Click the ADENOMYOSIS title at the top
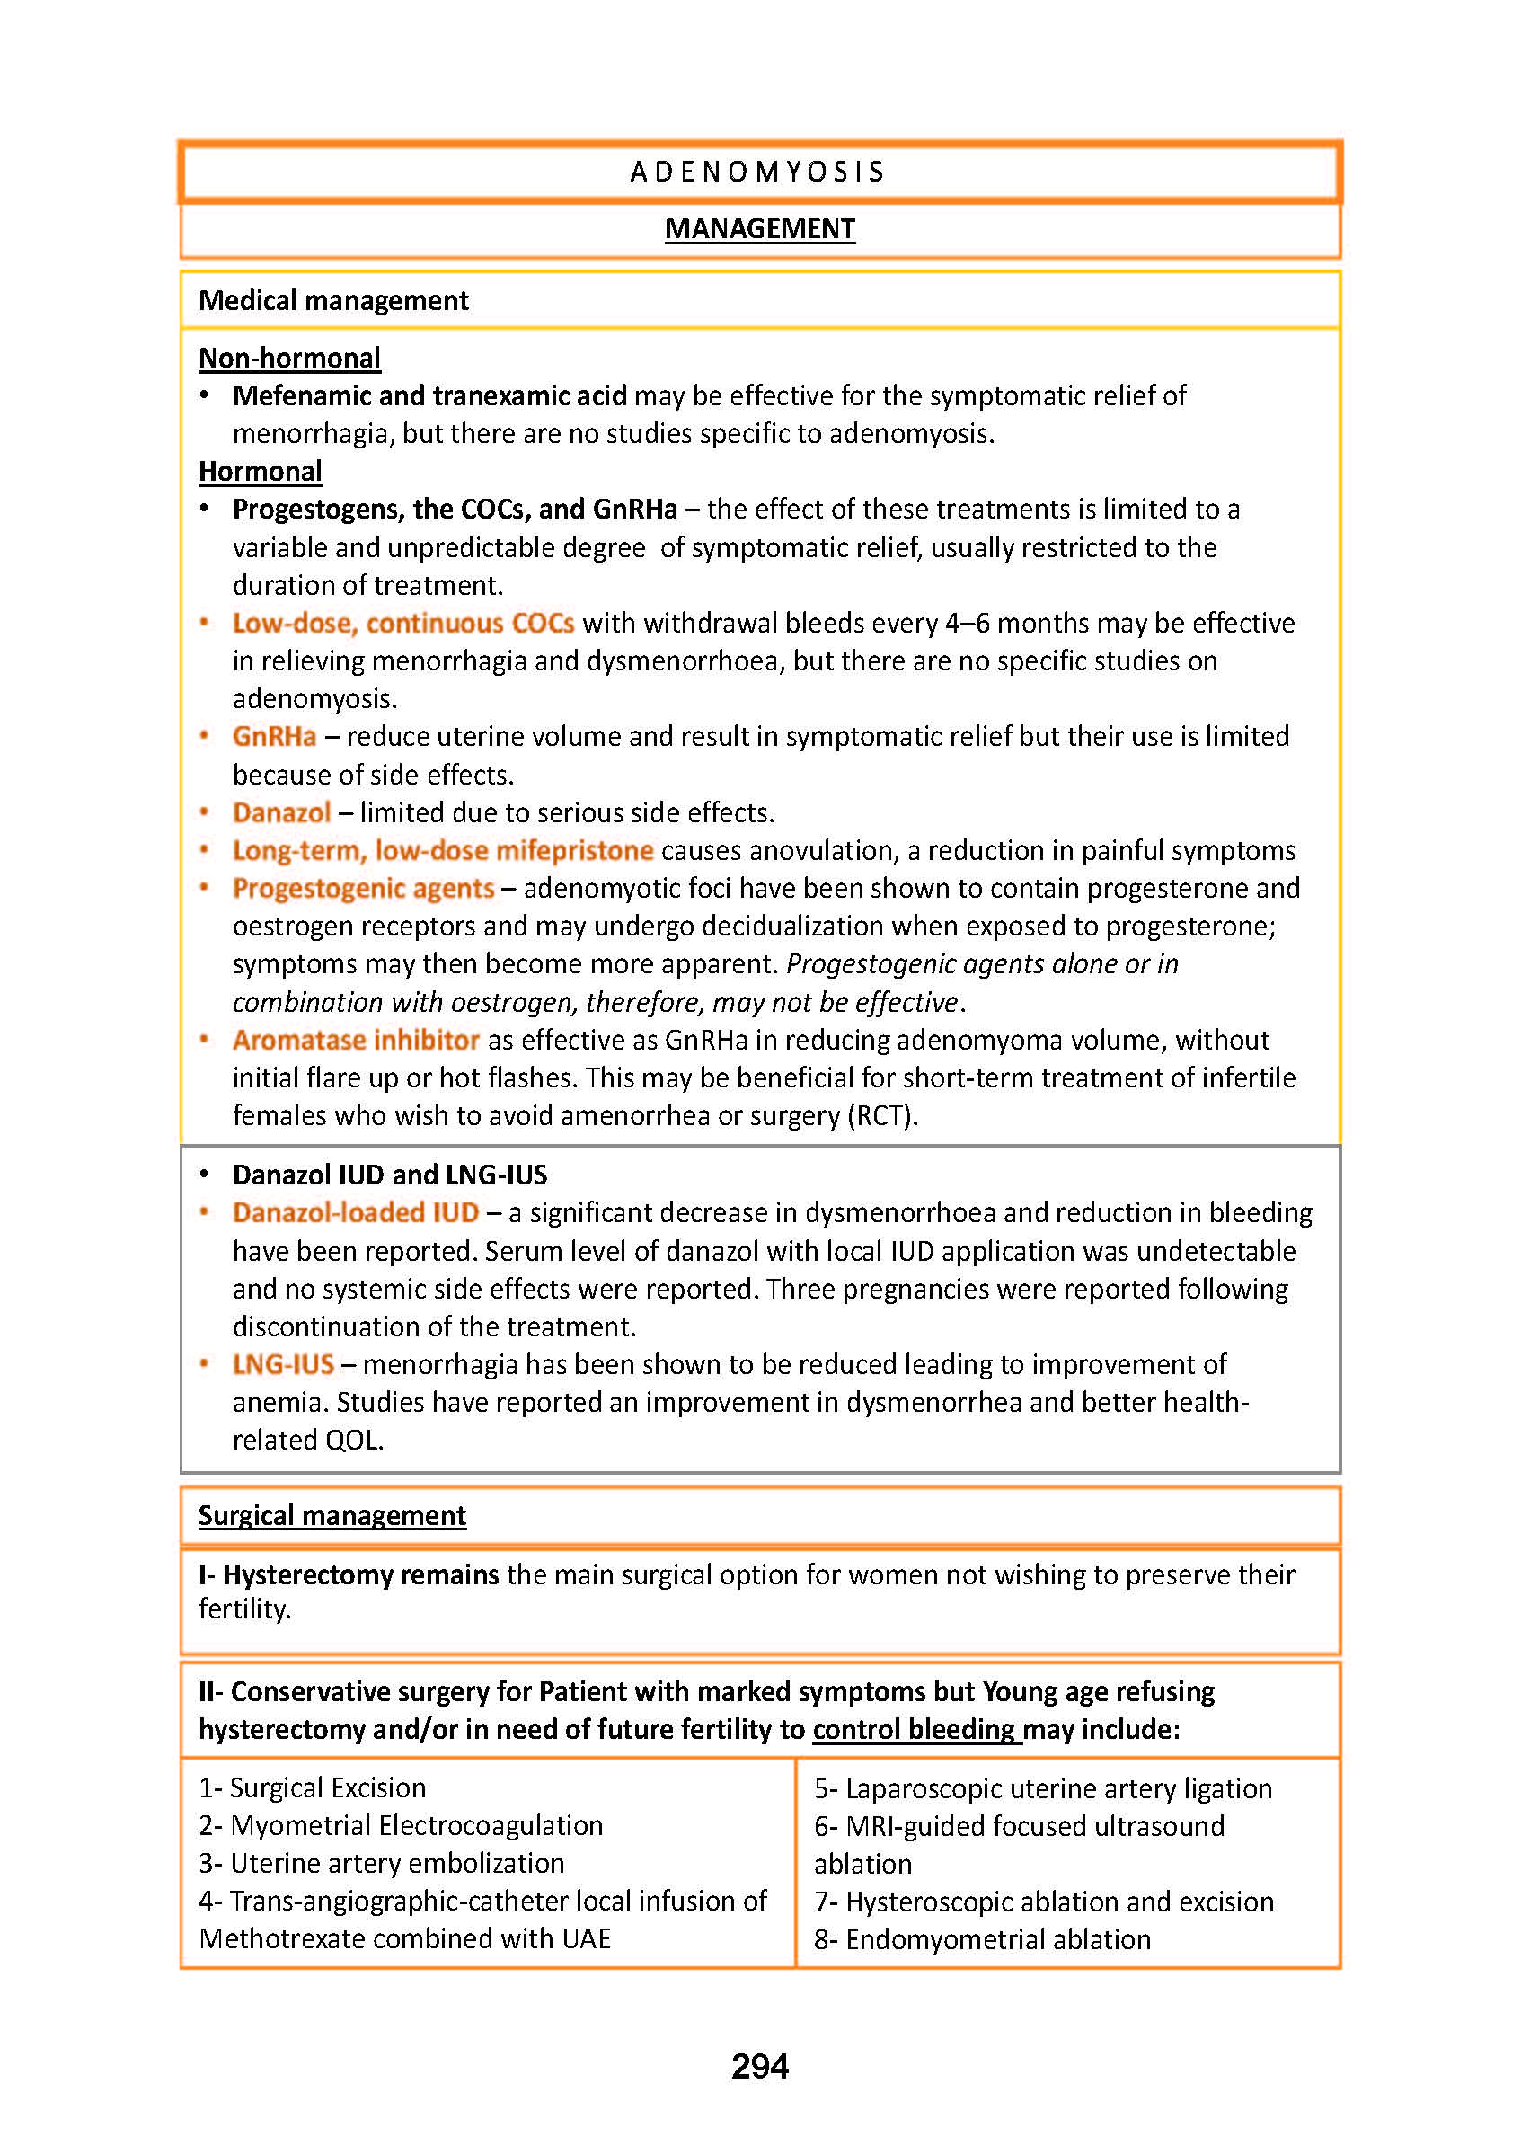[758, 173]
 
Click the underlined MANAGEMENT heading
[759, 229]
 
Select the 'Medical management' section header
[333, 301]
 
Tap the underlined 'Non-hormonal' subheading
[289, 358]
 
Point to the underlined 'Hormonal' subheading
[261, 471]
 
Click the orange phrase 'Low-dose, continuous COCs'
[402, 623]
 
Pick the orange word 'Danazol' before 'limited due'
[281, 812]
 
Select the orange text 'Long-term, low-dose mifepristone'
[442, 851]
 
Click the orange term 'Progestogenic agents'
[363, 888]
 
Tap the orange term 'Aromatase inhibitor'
[356, 1040]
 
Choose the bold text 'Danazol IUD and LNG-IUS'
[390, 1175]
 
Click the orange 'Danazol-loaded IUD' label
[356, 1213]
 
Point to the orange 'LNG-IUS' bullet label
[283, 1365]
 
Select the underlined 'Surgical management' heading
[332, 1516]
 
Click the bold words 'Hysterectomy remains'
[360, 1574]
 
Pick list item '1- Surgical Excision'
[313, 1788]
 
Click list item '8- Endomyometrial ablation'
[982, 1940]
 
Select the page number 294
[759, 2067]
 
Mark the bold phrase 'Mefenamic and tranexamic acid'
[430, 396]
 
